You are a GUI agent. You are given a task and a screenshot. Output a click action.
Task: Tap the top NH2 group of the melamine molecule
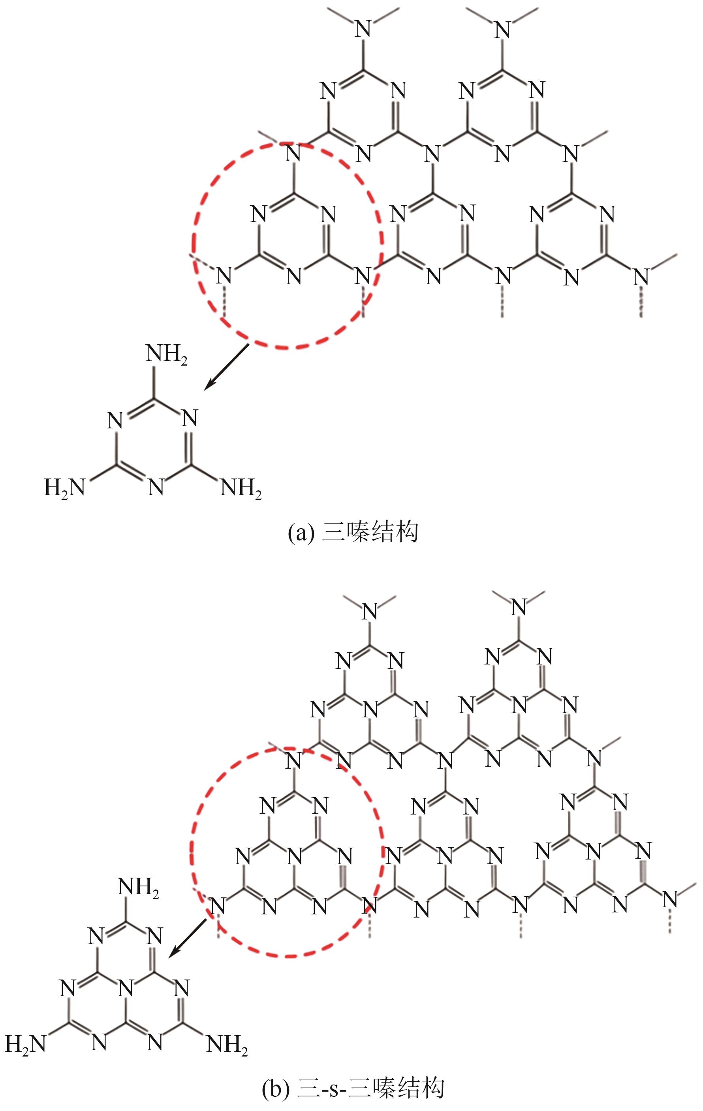(x=167, y=355)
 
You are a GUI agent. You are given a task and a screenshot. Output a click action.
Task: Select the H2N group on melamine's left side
(x=65, y=488)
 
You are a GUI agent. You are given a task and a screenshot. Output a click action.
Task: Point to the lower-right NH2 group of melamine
(x=241, y=488)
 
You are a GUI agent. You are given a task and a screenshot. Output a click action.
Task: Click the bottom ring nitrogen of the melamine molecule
(x=156, y=488)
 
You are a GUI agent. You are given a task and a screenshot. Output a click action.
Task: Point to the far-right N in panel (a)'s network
(x=641, y=276)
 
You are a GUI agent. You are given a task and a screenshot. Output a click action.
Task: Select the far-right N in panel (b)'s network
(x=670, y=898)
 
